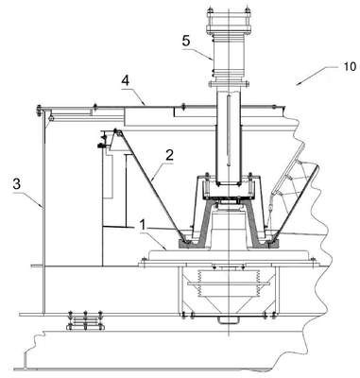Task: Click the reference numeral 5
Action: (186, 42)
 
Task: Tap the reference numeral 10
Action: (350, 66)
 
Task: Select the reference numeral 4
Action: (126, 80)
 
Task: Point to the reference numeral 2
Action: (169, 155)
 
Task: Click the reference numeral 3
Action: (17, 184)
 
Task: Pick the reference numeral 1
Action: (143, 225)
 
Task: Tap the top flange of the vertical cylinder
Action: (229, 29)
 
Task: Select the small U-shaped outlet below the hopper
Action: (229, 320)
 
